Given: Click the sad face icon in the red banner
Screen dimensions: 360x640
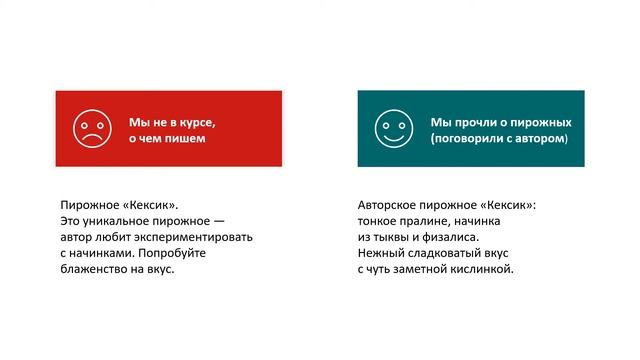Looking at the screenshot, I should (x=90, y=128).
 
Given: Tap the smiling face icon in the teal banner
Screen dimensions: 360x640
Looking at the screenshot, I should (x=392, y=128).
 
